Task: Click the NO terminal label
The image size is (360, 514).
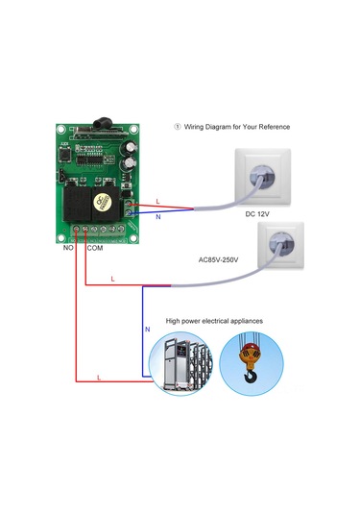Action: pos(68,248)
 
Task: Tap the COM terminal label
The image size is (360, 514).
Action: pos(95,248)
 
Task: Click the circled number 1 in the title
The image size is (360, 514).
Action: pos(177,127)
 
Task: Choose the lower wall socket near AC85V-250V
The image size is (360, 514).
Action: pos(271,250)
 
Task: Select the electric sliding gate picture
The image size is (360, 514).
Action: pos(180,364)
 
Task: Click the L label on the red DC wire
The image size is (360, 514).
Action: pos(157,201)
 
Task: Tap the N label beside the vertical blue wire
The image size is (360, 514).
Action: pos(147,330)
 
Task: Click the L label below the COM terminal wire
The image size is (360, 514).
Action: pos(112,279)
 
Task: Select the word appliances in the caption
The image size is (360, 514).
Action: pos(240,320)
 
